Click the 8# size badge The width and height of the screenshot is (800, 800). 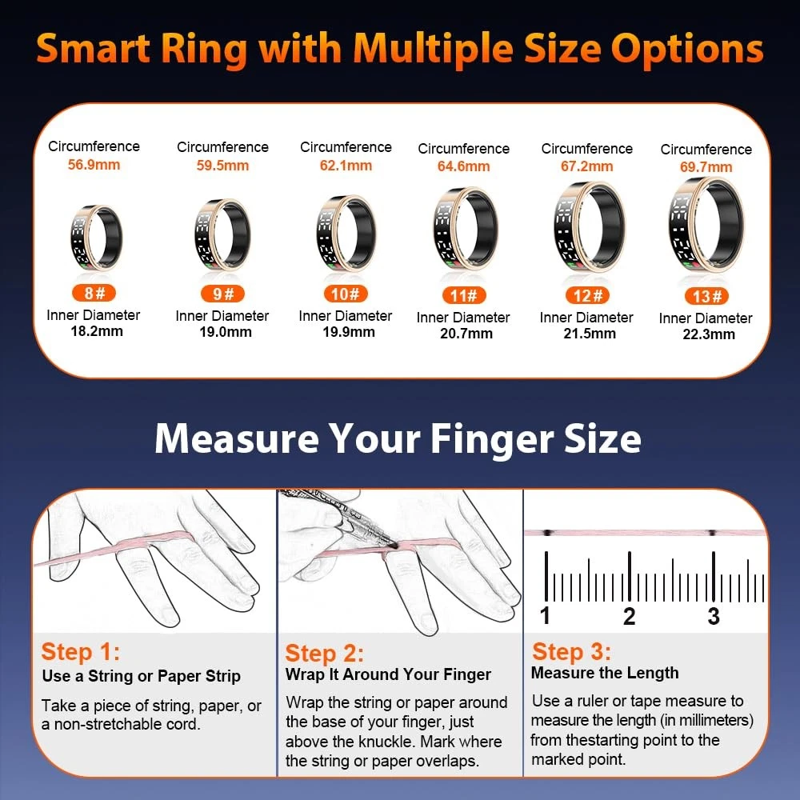click(x=94, y=293)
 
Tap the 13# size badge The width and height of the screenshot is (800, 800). click(x=706, y=296)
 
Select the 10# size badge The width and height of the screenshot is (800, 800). click(x=346, y=294)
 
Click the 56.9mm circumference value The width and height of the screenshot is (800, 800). click(x=94, y=165)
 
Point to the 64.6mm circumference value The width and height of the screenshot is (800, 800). click(x=463, y=166)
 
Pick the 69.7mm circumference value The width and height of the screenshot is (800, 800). click(x=706, y=167)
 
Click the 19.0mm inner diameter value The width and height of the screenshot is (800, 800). click(x=225, y=332)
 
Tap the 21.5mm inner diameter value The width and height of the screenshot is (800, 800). click(x=590, y=334)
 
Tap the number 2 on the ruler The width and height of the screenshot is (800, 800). click(x=629, y=616)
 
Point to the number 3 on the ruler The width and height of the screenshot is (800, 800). click(x=714, y=616)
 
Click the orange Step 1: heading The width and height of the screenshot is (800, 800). click(x=81, y=651)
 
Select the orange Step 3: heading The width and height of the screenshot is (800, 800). click(x=571, y=651)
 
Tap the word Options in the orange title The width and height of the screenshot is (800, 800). click(x=687, y=50)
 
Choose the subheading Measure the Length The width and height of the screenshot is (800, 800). click(x=605, y=673)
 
